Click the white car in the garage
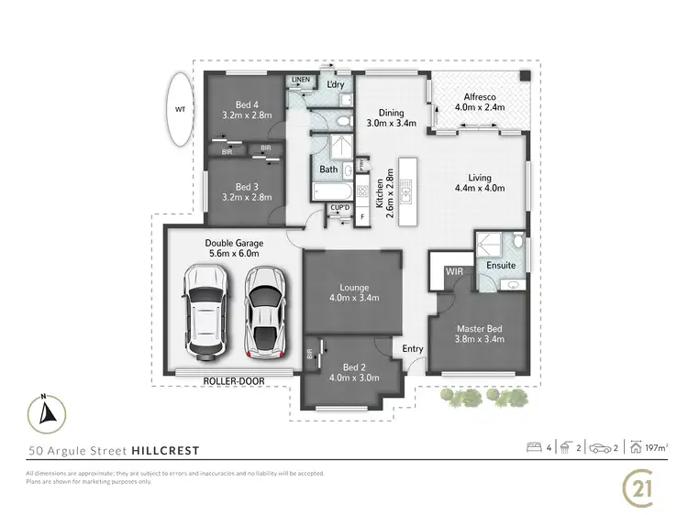pyautogui.click(x=205, y=312)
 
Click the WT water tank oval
pyautogui.click(x=181, y=109)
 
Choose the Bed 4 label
pyautogui.click(x=243, y=110)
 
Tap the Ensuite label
pyautogui.click(x=501, y=266)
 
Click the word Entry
pyautogui.click(x=413, y=348)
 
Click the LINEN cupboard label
pyautogui.click(x=300, y=81)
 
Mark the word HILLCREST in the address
pyautogui.click(x=164, y=450)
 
